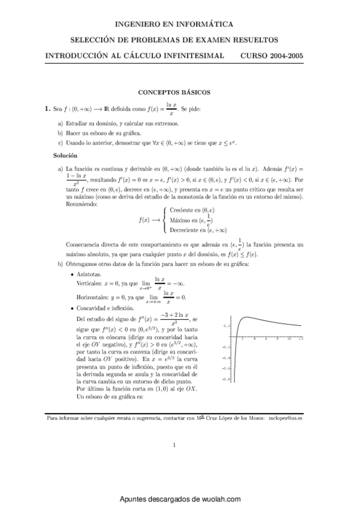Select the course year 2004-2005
[280, 55]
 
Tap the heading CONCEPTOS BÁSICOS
[174, 93]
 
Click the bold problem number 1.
[47, 109]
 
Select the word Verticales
[91, 283]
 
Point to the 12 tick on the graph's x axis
[301, 339]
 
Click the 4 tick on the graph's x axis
[255, 339]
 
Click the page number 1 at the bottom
[174, 446]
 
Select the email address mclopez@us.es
[286, 417]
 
